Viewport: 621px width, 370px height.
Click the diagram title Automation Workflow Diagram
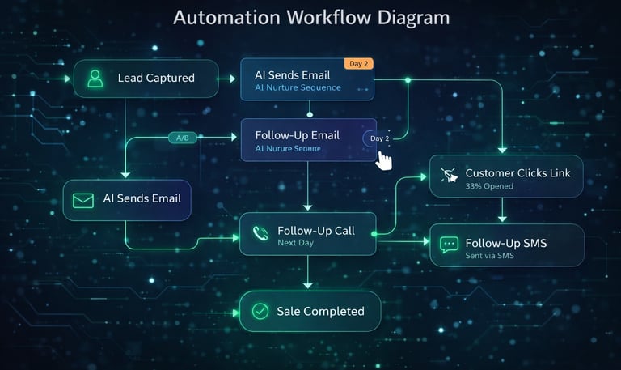[x=311, y=18]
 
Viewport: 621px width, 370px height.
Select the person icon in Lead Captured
[x=95, y=79]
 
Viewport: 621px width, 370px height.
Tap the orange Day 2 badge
[x=358, y=64]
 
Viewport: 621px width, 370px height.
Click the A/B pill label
[x=183, y=138]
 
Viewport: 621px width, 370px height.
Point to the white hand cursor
[x=384, y=159]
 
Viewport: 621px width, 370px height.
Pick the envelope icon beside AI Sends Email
[x=83, y=199]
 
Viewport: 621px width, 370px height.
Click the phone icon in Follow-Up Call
[x=260, y=234]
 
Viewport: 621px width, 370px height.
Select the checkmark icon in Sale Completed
[x=260, y=311]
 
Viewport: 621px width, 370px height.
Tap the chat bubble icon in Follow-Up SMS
[x=449, y=245]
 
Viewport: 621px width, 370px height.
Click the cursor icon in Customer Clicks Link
[x=449, y=175]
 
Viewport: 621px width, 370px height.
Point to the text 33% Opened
[x=489, y=186]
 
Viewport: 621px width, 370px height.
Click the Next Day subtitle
[x=295, y=242]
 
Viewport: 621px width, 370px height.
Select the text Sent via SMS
[x=490, y=256]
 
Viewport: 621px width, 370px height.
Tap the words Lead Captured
[x=156, y=79]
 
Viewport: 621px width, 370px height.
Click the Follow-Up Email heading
[x=297, y=135]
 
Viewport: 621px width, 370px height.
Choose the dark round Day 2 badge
[x=379, y=138]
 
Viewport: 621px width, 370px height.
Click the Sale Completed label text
[x=320, y=311]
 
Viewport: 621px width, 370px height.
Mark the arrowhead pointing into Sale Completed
[x=308, y=285]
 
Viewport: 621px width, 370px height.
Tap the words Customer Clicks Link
[x=518, y=173]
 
